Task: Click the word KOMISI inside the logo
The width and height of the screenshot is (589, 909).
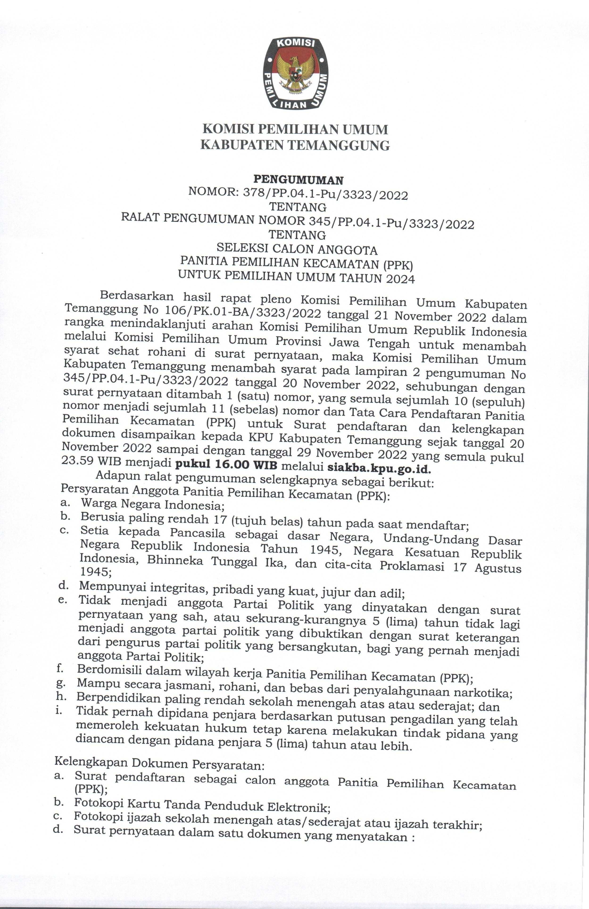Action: coord(295,44)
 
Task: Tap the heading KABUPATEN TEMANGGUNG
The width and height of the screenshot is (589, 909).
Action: coord(295,145)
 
